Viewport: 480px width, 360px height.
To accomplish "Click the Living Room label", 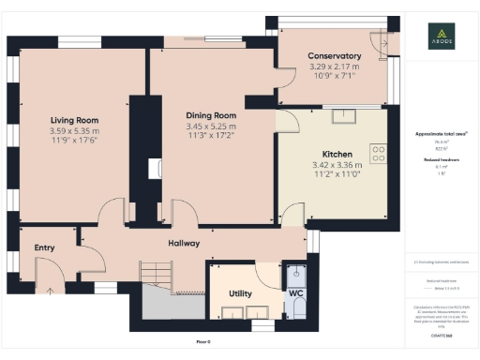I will [x=74, y=120].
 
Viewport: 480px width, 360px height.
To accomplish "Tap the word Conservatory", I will [x=335, y=56].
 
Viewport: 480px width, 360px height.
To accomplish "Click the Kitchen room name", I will [x=337, y=153].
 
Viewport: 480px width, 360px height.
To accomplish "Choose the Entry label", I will [x=44, y=247].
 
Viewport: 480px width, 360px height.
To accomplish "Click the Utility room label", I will [x=241, y=293].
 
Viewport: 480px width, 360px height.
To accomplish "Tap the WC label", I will [x=296, y=293].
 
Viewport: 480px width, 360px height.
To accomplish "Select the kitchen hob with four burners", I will [x=380, y=154].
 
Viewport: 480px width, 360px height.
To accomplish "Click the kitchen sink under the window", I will [x=344, y=115].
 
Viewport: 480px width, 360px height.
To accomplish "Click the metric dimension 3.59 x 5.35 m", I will [x=74, y=131].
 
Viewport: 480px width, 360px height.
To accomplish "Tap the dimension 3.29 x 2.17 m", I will [x=335, y=67].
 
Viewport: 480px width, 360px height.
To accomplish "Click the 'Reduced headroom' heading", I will [x=441, y=160].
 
